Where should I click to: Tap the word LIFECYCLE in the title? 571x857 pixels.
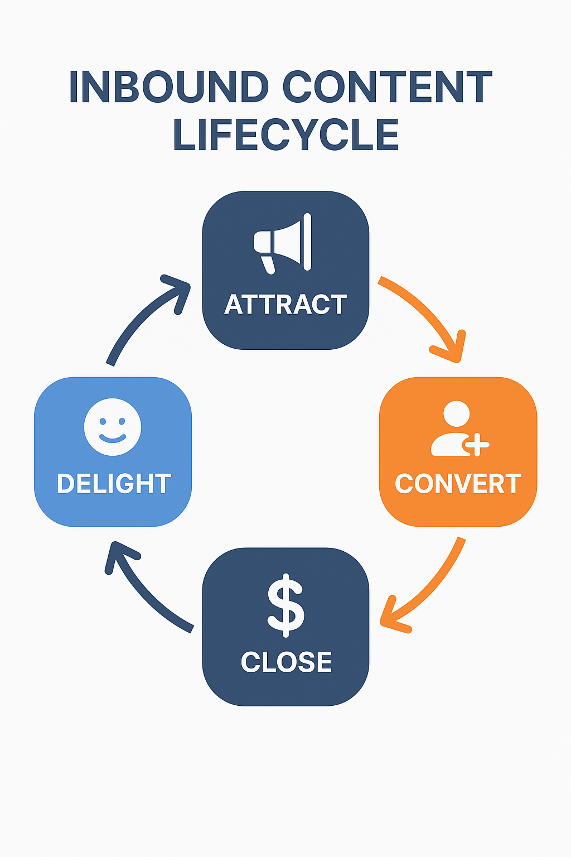[285, 135]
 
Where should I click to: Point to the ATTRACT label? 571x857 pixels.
[285, 305]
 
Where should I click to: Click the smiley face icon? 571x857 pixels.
[113, 427]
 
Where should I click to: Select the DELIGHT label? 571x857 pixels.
[113, 484]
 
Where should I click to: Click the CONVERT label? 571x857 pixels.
[458, 484]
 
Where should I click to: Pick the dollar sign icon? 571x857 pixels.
[285, 605]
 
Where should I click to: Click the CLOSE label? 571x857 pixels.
[286, 662]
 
